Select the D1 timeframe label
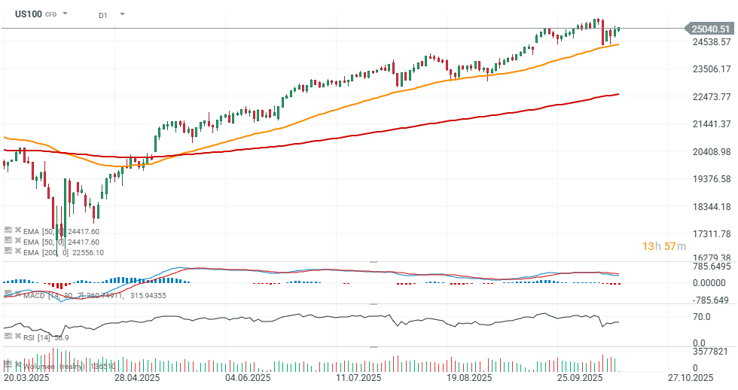click(103, 14)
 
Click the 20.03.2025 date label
click(27, 378)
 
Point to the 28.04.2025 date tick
click(136, 378)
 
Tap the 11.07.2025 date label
click(358, 378)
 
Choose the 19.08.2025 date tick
click(468, 378)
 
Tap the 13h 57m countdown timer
click(663, 246)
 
